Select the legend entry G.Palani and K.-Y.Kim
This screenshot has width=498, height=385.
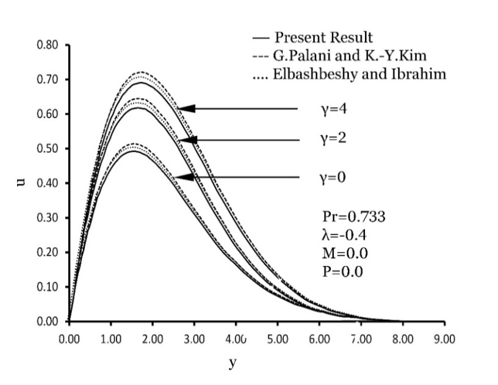coord(347,56)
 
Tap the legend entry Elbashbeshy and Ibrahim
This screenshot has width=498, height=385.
coord(350,75)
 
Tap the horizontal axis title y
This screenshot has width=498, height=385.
coord(232,363)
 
